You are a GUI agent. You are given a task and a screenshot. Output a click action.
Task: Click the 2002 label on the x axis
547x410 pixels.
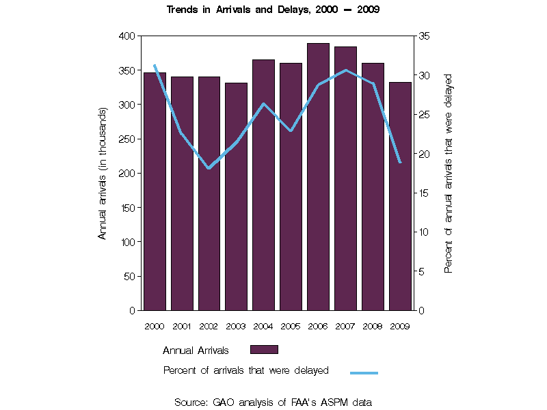point(209,326)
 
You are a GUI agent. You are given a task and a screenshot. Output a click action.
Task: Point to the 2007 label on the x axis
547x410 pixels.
point(346,326)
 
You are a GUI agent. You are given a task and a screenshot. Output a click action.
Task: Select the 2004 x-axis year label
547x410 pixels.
point(264,326)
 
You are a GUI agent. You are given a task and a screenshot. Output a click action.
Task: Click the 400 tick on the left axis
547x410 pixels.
point(126,36)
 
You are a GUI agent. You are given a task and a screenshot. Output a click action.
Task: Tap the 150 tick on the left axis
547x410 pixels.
point(126,207)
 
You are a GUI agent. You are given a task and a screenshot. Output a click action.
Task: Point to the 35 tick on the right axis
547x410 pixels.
point(424,36)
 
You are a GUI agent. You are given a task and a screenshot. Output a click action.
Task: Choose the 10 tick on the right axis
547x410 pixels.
point(424,232)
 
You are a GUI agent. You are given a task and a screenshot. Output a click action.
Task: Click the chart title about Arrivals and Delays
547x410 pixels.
point(273,10)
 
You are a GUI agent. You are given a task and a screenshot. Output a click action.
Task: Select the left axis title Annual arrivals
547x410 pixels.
point(103,173)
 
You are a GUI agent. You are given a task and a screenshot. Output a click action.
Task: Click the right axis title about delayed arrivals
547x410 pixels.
point(449,173)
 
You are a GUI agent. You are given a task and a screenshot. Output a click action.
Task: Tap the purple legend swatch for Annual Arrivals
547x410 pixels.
point(264,350)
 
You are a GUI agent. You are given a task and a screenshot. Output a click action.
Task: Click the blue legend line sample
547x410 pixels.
point(364,373)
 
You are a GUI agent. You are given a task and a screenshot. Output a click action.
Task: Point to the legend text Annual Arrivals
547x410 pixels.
point(196,351)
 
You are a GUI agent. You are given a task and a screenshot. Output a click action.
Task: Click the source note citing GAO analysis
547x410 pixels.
point(273,402)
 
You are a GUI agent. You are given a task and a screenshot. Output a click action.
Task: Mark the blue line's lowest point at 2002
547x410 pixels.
point(209,168)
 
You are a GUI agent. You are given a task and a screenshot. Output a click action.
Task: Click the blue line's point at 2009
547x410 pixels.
point(400,162)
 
